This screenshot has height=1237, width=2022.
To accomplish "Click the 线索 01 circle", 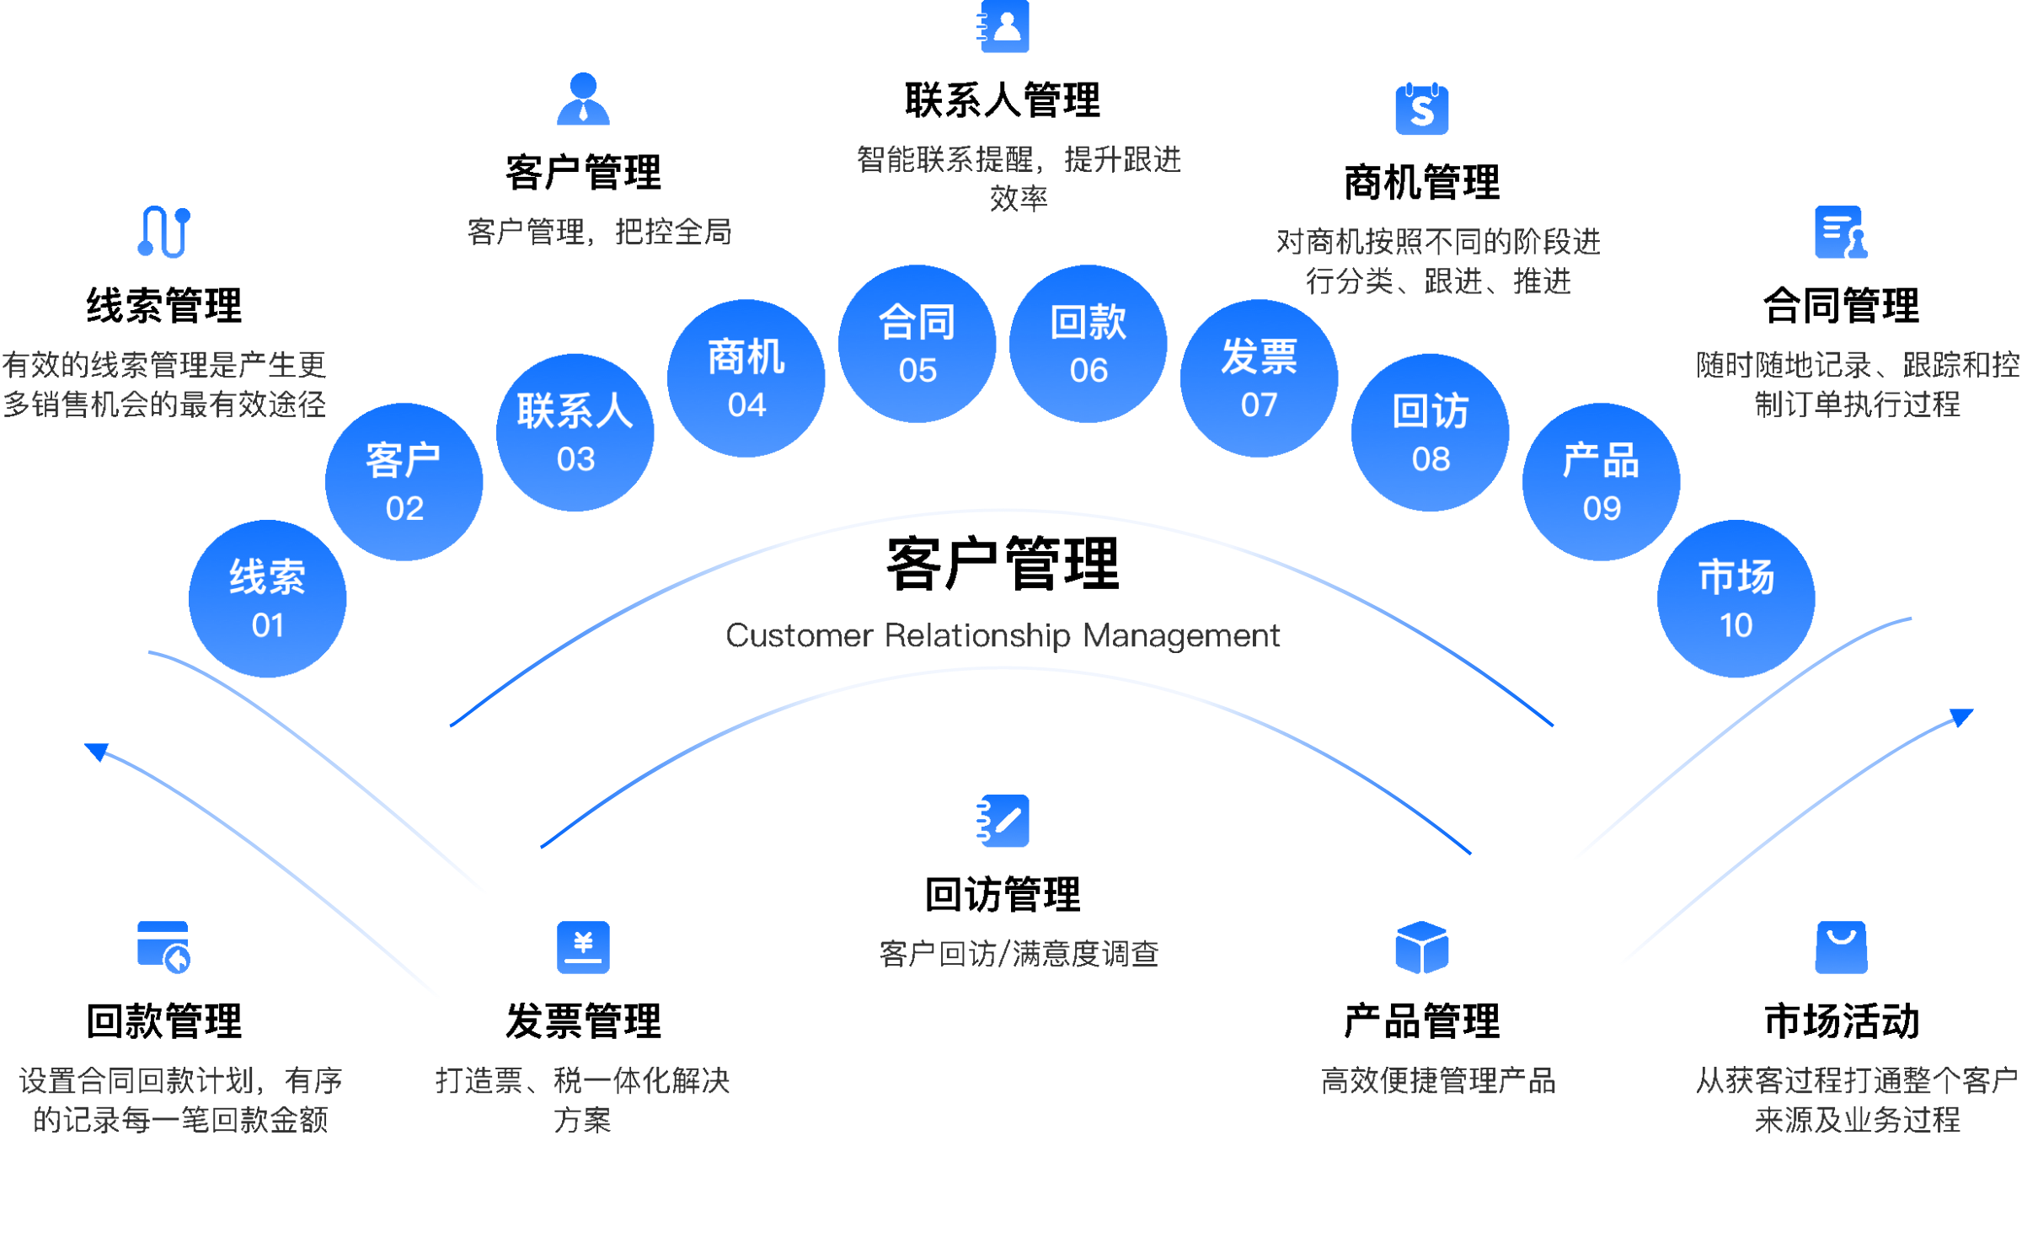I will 268,598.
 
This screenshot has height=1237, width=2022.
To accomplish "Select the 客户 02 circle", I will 404,482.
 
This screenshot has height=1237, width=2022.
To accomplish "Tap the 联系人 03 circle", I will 575,432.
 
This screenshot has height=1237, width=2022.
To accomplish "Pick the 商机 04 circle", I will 746,378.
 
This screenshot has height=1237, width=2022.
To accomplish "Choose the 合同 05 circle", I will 917,344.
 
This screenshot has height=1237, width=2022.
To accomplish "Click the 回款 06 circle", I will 1089,344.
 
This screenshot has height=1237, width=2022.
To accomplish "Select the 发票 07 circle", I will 1260,378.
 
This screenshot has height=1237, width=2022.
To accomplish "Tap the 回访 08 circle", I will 1431,432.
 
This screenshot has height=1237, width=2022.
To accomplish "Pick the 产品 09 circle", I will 1602,482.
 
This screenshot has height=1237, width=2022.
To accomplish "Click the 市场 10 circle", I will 1736,598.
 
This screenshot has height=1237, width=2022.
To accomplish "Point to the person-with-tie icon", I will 583,99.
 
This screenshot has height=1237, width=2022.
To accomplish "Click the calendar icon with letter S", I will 1422,110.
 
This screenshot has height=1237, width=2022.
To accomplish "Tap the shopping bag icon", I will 1841,947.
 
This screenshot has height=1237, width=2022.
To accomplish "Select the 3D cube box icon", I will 1422,947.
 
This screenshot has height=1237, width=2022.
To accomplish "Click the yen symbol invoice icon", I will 583,947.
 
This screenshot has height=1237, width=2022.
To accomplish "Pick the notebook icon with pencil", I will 1004,820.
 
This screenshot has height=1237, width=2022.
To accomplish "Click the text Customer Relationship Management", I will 1003,635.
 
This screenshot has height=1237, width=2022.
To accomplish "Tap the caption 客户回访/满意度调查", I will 1019,954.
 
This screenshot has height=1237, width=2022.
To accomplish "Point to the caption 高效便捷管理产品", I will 1438,1080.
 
